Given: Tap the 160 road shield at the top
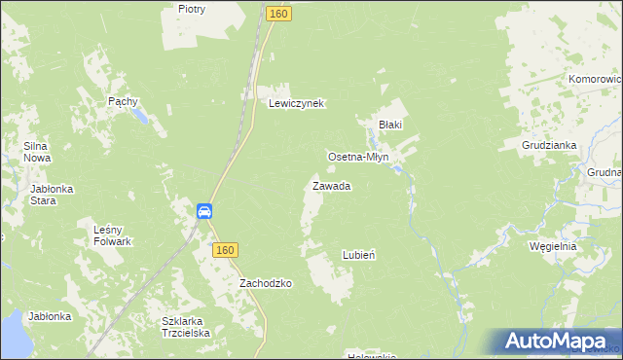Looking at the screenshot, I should pos(278,14).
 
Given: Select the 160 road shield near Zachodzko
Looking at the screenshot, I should pos(225,250).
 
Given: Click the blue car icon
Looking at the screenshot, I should pos(204,211).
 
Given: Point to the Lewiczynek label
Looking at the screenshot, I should pos(296,103).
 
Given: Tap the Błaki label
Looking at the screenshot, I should pos(390,125).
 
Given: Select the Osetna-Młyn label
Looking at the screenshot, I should pos(358,156).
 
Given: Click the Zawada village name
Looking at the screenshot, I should pos(331,185).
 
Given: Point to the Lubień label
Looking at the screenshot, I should pos(359,255).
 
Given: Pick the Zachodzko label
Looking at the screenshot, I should pos(266,283).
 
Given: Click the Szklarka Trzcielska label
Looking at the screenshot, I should pos(186,326).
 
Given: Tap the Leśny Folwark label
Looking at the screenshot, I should pos(112,234).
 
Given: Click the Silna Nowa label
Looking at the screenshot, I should pos(37,152).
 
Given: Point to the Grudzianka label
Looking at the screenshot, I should pos(549,145).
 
